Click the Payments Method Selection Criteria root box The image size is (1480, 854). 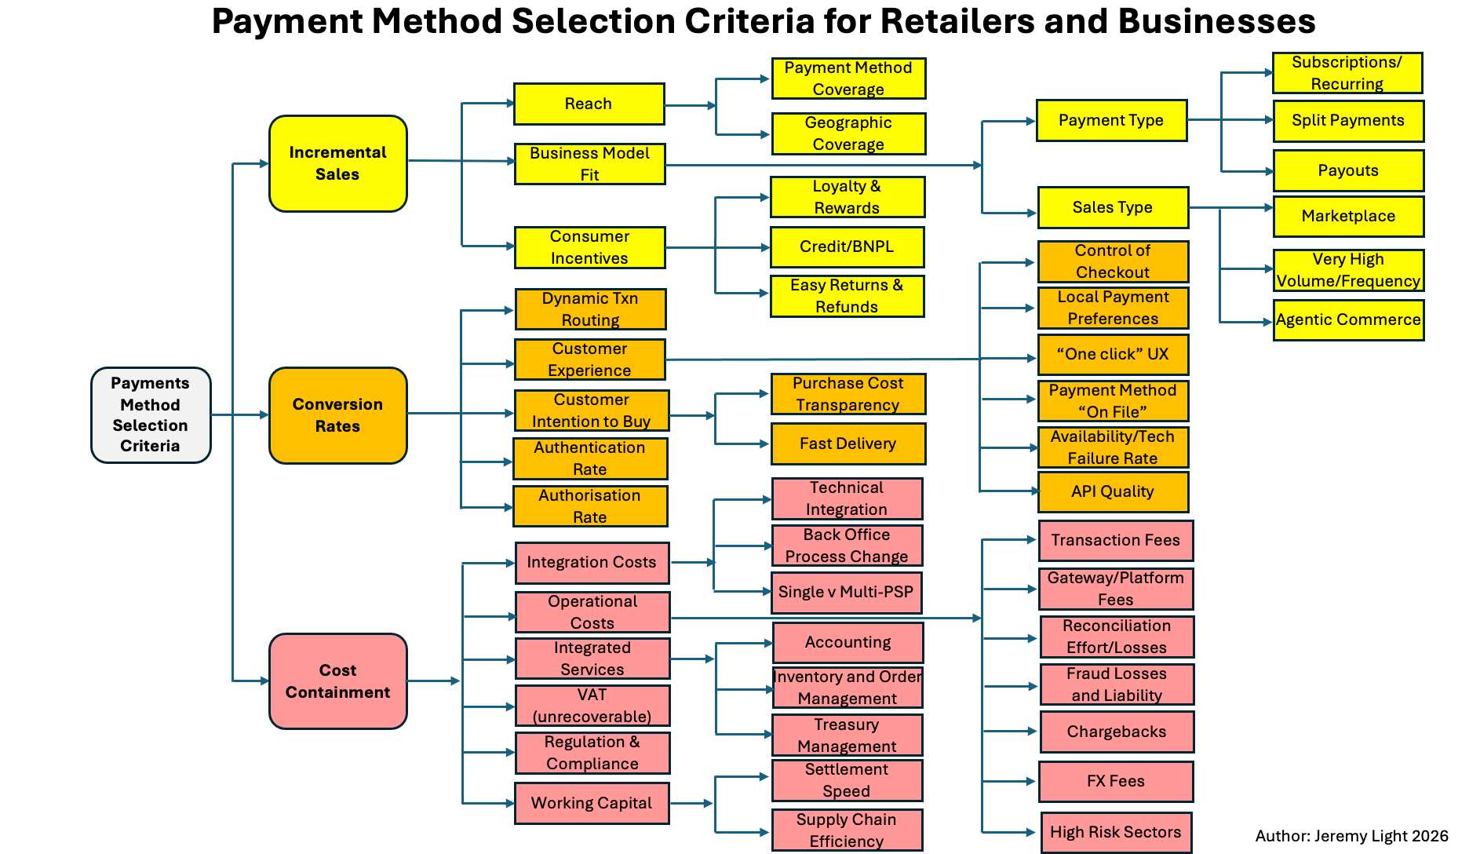151,414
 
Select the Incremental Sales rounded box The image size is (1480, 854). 337,163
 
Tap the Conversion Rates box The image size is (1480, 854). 337,415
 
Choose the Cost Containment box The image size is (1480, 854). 337,681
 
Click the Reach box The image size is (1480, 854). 589,104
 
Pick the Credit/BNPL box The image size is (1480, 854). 847,247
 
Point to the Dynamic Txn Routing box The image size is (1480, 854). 590,309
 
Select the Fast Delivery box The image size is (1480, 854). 848,443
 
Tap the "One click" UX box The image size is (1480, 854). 1113,355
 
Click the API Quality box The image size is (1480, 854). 1113,492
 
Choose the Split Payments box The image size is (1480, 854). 1348,121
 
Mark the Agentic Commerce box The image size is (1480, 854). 1348,320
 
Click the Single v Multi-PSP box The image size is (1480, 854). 846,593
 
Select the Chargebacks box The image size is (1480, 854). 1117,732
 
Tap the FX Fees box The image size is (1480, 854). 1116,782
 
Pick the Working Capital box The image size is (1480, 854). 592,803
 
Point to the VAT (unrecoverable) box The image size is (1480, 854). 592,706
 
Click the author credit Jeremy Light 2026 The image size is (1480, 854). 1351,836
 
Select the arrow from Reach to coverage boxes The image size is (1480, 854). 690,105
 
